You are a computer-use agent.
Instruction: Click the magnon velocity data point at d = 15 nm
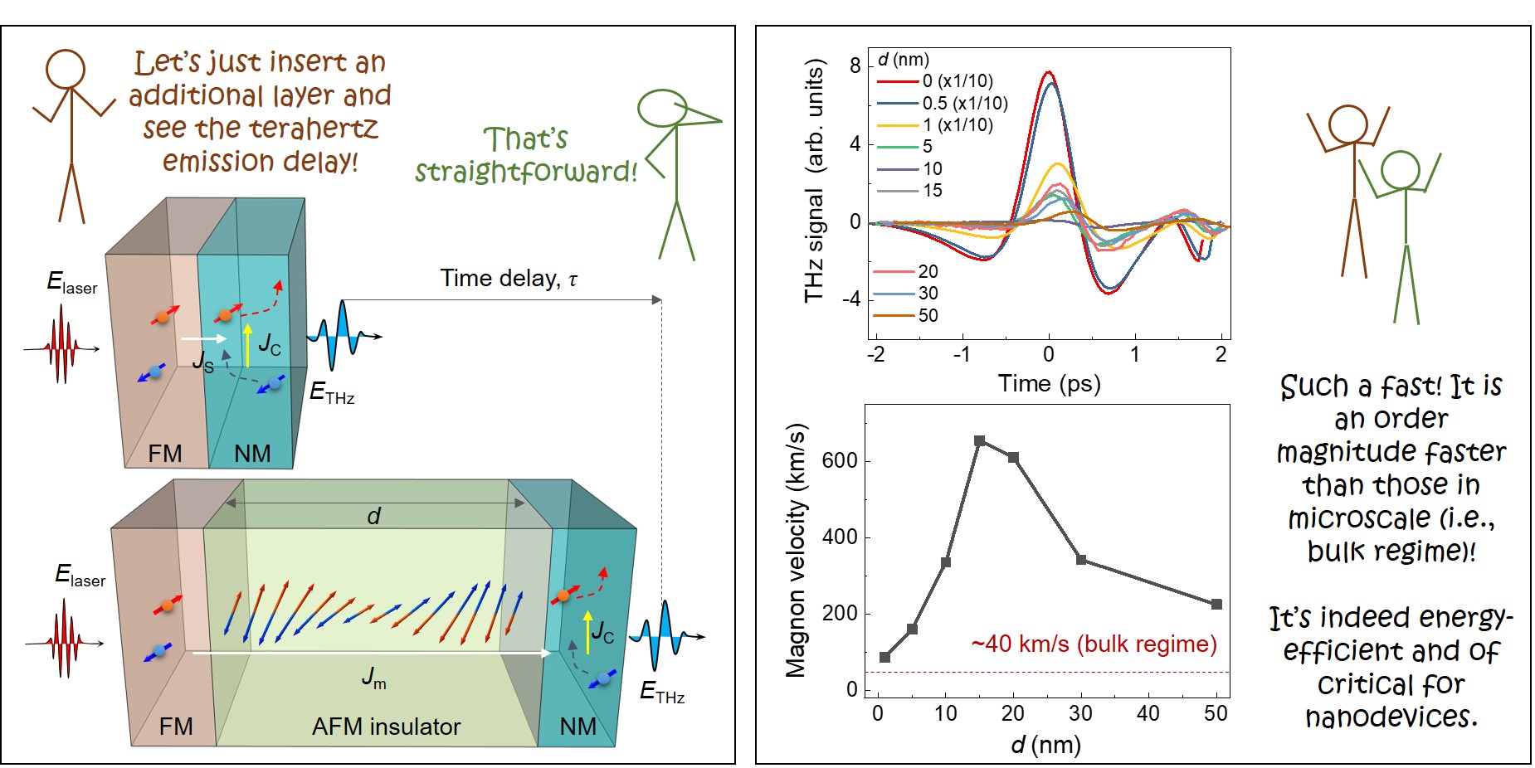[x=979, y=441]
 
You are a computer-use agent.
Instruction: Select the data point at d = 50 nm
[x=1216, y=605]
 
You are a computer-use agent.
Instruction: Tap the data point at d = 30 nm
[x=1081, y=560]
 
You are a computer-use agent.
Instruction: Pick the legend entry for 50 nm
[x=928, y=315]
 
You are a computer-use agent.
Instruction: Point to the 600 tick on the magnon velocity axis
[x=839, y=461]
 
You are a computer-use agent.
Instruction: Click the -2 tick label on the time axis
[x=875, y=355]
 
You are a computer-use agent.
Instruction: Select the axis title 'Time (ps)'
[x=1049, y=384]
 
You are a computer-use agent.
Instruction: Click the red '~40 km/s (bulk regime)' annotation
[x=1094, y=644]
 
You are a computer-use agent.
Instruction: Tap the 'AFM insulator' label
[x=386, y=727]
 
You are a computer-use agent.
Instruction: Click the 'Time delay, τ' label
[x=508, y=279]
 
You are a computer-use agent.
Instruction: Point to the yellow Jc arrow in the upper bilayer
[x=247, y=345]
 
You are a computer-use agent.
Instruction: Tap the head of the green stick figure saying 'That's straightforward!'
[x=662, y=108]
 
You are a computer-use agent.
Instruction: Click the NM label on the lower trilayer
[x=577, y=727]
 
